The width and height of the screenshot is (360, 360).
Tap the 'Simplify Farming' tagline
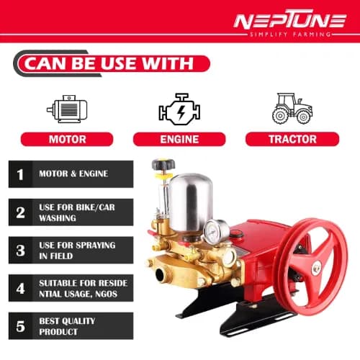pyautogui.click(x=289, y=35)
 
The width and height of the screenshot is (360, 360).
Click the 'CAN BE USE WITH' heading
pyautogui.click(x=109, y=63)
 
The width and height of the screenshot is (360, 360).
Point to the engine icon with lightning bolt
pyautogui.click(x=179, y=109)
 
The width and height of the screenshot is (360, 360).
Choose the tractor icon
pyautogui.click(x=292, y=108)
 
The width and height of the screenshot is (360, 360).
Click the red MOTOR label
pyautogui.click(x=67, y=139)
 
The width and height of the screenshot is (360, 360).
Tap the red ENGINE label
pyautogui.click(x=179, y=139)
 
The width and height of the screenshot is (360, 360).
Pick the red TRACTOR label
pyautogui.click(x=292, y=139)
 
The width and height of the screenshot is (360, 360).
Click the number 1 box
pyautogui.click(x=20, y=174)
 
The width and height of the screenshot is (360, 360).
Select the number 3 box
pyautogui.click(x=20, y=250)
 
